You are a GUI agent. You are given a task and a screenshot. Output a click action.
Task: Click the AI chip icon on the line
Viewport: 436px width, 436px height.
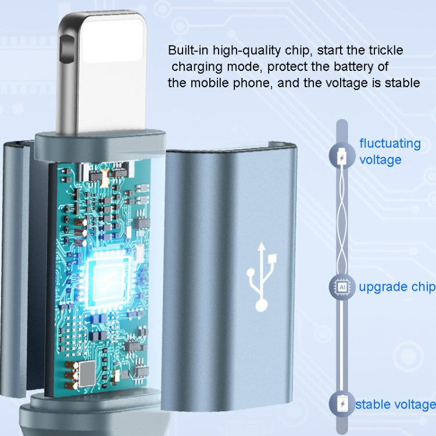click(x=342, y=287)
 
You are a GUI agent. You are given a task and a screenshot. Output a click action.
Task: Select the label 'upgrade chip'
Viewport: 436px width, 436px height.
click(x=397, y=287)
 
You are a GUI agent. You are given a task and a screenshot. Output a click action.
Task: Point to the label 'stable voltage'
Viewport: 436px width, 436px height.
click(x=395, y=405)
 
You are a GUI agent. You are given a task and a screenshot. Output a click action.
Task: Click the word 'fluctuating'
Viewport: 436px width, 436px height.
click(x=390, y=144)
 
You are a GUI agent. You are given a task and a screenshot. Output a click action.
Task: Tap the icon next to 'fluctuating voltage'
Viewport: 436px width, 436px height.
click(x=342, y=156)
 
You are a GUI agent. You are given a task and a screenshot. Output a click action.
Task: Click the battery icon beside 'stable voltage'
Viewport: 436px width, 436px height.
click(x=342, y=404)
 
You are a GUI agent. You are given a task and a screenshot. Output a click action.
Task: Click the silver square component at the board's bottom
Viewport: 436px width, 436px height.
click(x=87, y=374)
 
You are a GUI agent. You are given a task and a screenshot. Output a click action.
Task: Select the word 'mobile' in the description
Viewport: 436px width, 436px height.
click(x=210, y=83)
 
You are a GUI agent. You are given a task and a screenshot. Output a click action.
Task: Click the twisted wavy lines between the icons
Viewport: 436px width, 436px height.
click(x=342, y=223)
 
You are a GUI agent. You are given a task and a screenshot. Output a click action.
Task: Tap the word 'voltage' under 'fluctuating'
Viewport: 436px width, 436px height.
click(x=380, y=160)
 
